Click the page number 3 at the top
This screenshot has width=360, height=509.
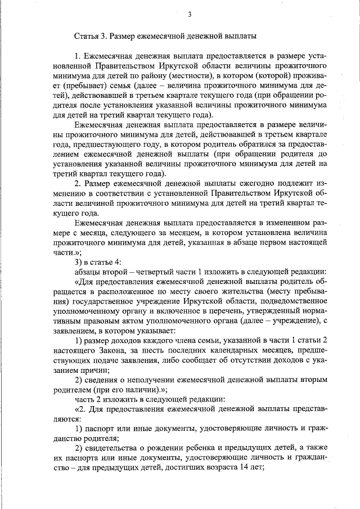190,14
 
